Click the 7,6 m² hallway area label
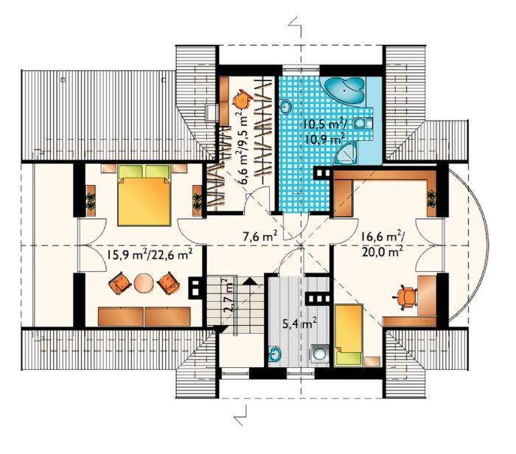262,236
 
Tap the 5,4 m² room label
299,324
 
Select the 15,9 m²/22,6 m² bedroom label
150,255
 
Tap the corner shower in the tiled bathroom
345,154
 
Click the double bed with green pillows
144,195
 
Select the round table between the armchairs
144,283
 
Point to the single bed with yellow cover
348,335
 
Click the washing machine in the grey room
319,355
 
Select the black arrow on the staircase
251,280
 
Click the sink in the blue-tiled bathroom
285,107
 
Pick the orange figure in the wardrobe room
243,99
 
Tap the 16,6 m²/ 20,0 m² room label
383,244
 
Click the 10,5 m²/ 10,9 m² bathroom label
324,131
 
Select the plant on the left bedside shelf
90,200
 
